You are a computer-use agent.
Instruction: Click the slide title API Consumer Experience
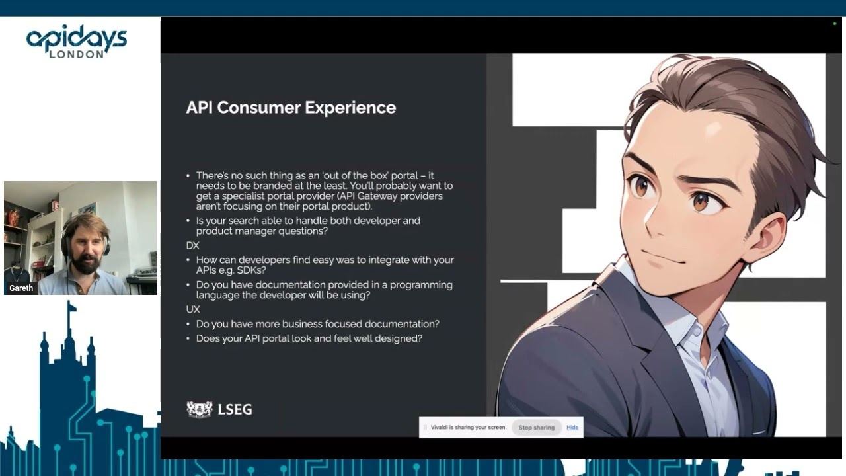[291, 108]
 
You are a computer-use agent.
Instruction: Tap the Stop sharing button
[536, 428]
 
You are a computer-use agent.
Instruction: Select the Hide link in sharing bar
[572, 428]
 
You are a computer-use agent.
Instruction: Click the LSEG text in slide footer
[235, 409]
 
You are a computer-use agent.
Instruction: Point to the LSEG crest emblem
[199, 409]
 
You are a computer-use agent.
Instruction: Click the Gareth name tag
[21, 288]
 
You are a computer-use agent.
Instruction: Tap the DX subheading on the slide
[192, 245]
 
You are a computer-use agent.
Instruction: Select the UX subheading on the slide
[192, 309]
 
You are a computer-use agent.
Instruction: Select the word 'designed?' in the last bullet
[399, 338]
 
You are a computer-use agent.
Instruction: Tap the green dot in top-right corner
[835, 24]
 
